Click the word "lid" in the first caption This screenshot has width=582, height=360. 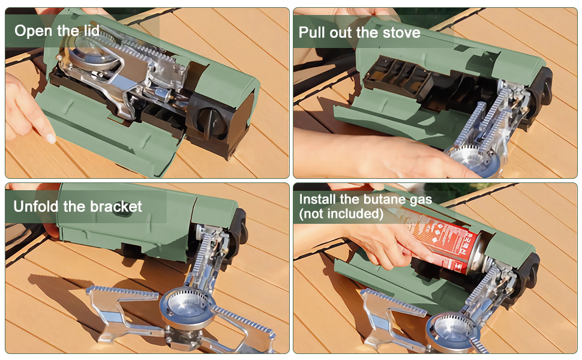(x=92, y=31)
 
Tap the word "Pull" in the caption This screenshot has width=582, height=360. (x=313, y=32)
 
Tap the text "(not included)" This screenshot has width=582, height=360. (x=341, y=214)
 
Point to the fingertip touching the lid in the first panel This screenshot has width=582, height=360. (x=50, y=137)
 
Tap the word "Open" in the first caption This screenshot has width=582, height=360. (x=32, y=31)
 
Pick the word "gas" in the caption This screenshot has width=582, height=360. (x=421, y=200)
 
